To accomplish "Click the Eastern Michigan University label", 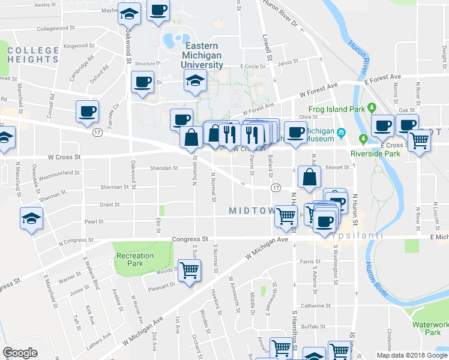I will (x=203, y=55).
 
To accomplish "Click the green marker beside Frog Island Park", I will (x=372, y=108).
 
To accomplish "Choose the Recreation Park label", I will (x=135, y=259).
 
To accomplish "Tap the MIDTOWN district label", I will (x=252, y=210).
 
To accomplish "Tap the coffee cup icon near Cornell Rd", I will (x=87, y=110).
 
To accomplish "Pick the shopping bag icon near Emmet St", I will (x=309, y=176).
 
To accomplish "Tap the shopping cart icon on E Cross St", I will (x=419, y=141).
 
